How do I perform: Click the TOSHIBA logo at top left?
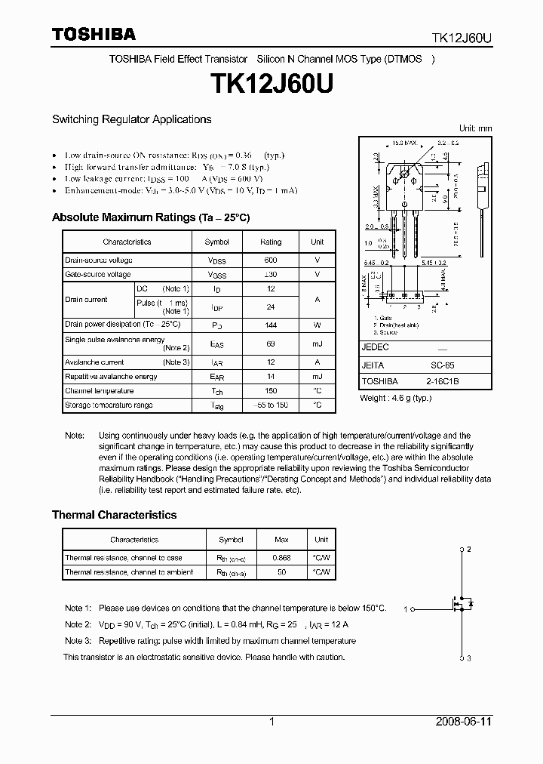click(94, 34)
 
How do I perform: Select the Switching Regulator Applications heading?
click(131, 119)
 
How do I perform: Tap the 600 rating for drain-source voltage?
click(270, 260)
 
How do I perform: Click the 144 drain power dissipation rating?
click(270, 324)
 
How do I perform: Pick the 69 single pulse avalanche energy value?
click(270, 343)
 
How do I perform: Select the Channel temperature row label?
click(99, 391)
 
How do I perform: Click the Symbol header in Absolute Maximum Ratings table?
click(216, 242)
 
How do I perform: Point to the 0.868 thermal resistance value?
click(281, 558)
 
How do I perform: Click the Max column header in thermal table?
click(281, 540)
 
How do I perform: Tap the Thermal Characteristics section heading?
click(114, 515)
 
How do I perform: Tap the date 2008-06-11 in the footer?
click(464, 722)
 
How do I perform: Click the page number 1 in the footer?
click(271, 722)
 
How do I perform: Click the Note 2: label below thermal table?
click(78, 624)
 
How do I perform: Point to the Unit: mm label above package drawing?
click(475, 128)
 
